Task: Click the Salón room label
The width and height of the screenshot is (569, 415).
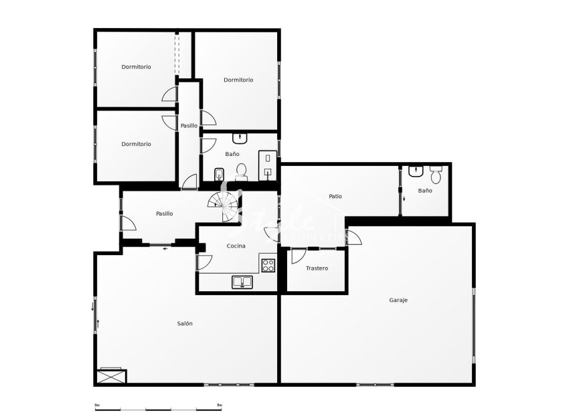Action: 185,323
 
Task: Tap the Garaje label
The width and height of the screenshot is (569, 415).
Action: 398,300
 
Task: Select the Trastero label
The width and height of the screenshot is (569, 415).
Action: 317,268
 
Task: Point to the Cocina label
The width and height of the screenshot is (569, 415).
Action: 236,246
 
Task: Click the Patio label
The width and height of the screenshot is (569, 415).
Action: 335,196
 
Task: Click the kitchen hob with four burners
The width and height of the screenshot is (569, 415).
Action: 268,265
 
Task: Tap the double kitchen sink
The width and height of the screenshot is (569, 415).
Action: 242,282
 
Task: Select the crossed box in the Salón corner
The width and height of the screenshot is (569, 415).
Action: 111,376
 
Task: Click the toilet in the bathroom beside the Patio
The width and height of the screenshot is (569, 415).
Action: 436,175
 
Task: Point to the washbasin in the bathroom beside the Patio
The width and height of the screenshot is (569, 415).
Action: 416,171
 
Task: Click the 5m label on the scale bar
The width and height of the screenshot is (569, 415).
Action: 220,405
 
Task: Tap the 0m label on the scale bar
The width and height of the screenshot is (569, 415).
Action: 97,405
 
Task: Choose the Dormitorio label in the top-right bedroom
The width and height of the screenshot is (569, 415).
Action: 238,80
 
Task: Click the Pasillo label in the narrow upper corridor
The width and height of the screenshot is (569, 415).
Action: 189,125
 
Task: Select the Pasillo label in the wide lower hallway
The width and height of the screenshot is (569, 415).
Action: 164,214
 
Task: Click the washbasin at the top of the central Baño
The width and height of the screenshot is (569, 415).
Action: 240,139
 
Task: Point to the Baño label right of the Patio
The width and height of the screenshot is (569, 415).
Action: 425,191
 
